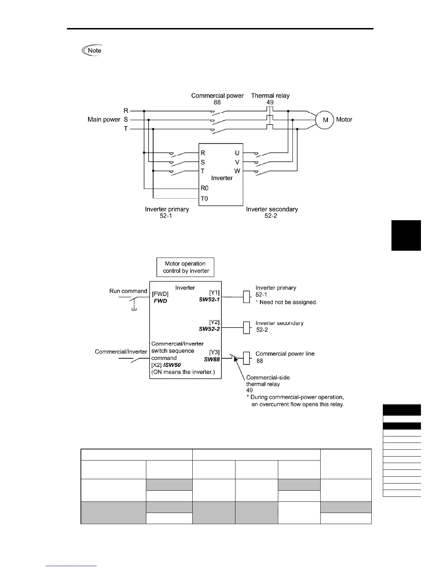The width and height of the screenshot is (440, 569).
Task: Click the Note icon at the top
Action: point(92,51)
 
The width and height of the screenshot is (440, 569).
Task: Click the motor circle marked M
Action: point(325,120)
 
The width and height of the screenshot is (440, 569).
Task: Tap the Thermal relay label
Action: point(270,96)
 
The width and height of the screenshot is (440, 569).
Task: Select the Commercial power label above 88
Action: point(217,96)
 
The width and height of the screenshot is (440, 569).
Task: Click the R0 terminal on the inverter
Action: point(205,188)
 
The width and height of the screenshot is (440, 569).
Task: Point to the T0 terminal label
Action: point(204,198)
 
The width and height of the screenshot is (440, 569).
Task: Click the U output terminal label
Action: point(237,153)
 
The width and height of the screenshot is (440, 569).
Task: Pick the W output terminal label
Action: point(237,171)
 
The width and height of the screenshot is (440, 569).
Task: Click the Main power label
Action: point(104,120)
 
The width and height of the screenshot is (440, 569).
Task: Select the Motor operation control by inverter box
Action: point(185,267)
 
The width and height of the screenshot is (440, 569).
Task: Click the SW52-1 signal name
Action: point(209,299)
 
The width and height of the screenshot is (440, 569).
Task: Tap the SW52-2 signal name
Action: point(209,329)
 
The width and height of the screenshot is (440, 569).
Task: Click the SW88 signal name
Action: point(212,359)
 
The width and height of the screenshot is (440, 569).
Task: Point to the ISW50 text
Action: point(172,365)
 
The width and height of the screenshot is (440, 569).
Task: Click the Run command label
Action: point(128,291)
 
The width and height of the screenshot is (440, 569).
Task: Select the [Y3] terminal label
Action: point(214,352)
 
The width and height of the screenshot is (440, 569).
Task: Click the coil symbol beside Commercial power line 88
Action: point(247,358)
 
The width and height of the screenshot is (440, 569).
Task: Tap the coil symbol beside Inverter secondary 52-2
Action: point(247,328)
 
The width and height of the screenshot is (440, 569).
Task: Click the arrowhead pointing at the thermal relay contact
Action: point(236,360)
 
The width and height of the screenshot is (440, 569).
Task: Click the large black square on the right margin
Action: point(406,235)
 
